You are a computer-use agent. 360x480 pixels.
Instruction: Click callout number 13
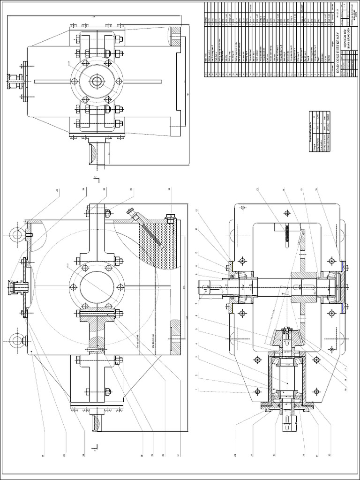(x=257, y=190)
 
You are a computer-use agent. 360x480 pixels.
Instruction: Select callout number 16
(x=316, y=190)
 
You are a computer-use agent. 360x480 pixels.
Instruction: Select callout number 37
(x=179, y=453)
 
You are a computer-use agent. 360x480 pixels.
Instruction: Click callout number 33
(x=84, y=453)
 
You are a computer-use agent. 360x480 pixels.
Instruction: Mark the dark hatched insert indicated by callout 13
(x=285, y=234)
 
